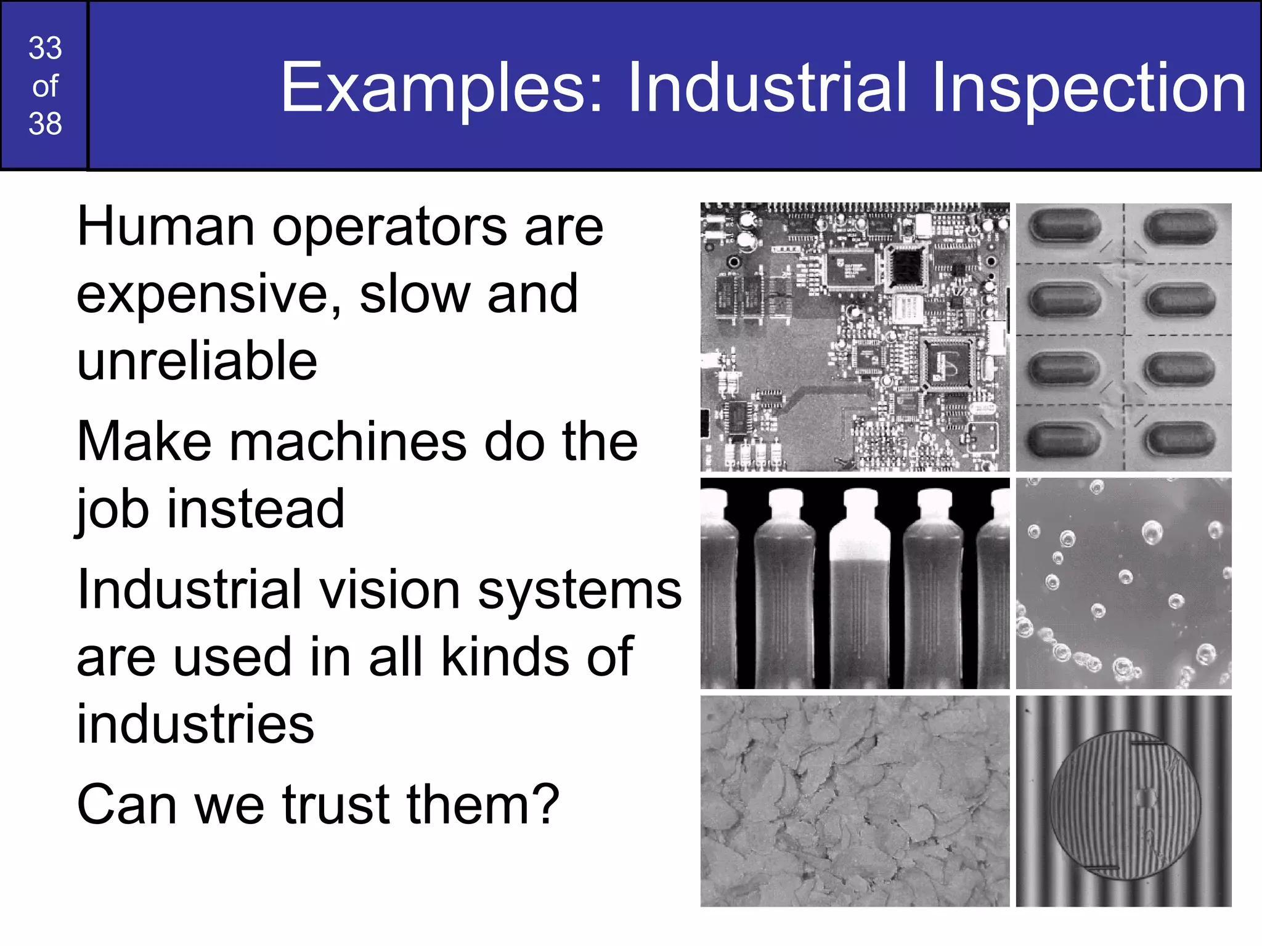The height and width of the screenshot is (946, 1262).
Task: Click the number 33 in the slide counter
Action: [x=45, y=48]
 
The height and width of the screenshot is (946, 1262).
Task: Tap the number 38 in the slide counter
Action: [x=45, y=124]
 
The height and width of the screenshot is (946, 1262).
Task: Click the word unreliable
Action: [x=197, y=361]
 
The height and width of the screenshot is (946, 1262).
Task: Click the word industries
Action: [x=195, y=724]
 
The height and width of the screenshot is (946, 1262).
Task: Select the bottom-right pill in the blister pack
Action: [x=1179, y=439]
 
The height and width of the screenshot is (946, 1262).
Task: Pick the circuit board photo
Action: [x=855, y=337]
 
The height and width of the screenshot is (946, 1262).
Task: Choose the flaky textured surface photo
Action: [x=855, y=801]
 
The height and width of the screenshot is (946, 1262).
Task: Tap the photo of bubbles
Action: [x=1123, y=583]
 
